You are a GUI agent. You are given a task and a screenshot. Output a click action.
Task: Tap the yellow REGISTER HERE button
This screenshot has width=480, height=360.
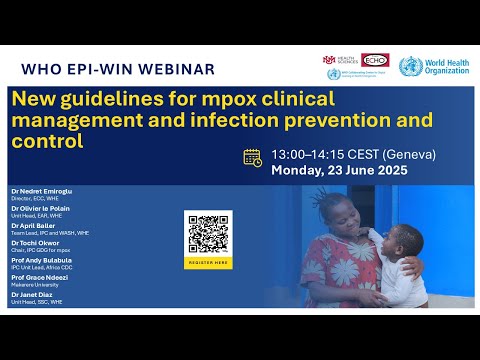click(x=208, y=262)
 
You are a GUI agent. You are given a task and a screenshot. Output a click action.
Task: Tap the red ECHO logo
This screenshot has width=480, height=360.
click(x=374, y=60)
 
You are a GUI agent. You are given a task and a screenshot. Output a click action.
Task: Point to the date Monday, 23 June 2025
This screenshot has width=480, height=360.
click(x=341, y=171)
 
